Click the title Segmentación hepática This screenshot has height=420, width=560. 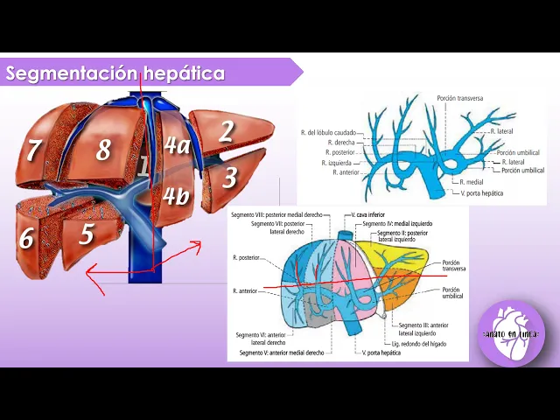coord(115,73)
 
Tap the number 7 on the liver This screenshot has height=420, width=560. coord(33,150)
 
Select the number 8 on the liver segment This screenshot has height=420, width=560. coord(103,150)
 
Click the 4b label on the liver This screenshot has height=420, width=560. coord(175,196)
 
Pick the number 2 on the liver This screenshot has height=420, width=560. coord(226,131)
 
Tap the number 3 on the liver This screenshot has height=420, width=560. coord(229,178)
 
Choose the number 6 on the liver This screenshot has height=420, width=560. coord(26,238)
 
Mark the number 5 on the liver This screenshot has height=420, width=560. coord(86,234)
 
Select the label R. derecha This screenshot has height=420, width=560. coord(340,142)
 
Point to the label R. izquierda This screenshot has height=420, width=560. coord(338,162)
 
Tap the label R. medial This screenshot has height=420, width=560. coord(471,182)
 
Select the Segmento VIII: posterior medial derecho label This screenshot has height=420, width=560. coord(275,214)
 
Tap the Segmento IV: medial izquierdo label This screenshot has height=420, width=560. coord(394,223)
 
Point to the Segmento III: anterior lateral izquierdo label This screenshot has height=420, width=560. coord(423,328)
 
